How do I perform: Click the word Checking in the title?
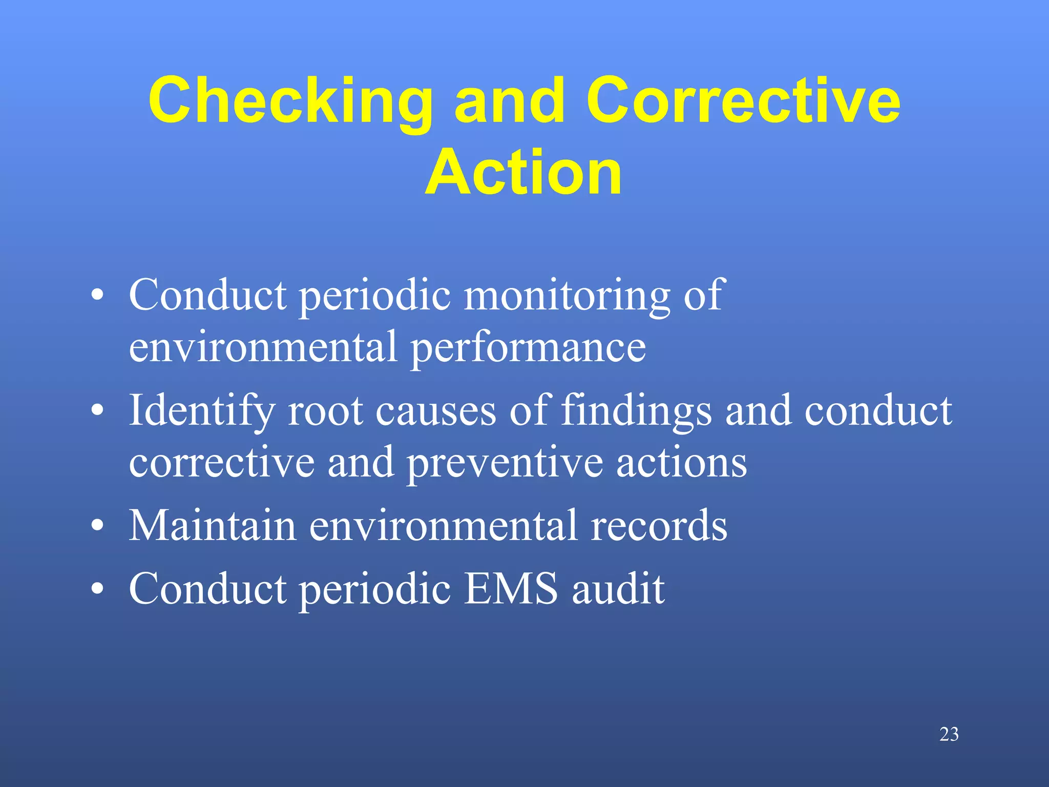[290, 101]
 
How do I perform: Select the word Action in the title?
[523, 172]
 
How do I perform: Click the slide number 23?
[949, 734]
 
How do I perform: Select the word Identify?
[201, 411]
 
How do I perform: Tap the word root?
[326, 411]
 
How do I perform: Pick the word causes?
[436, 412]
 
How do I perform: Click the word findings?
[637, 411]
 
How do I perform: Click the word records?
[659, 526]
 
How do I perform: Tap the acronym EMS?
[511, 589]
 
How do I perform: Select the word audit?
[618, 589]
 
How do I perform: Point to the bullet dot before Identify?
[97, 411]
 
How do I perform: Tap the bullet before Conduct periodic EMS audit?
[97, 589]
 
